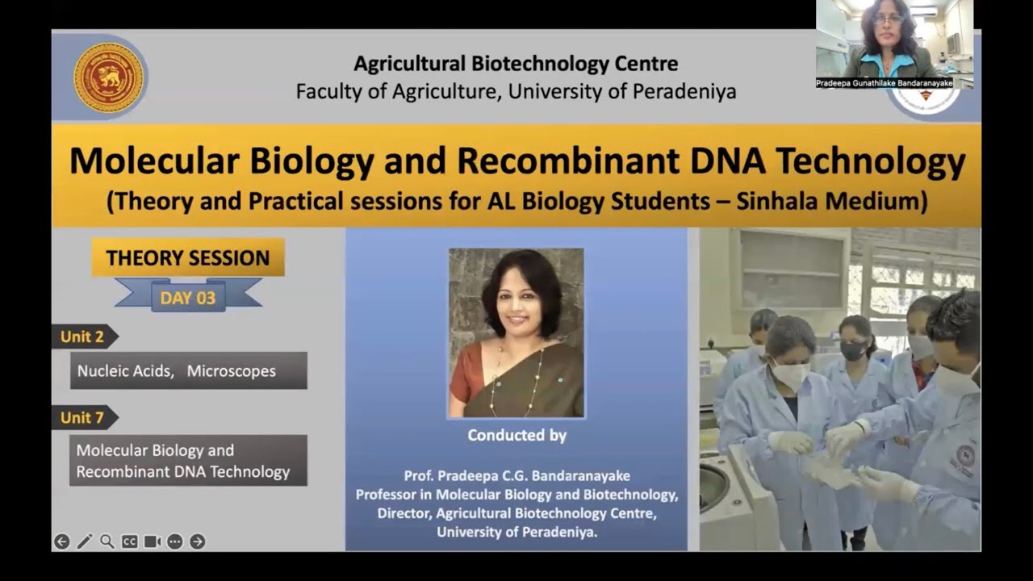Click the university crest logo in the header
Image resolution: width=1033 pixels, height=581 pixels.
(108, 77)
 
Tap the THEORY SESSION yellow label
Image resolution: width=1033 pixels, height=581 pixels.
(187, 258)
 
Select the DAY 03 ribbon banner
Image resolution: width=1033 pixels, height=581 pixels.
(187, 298)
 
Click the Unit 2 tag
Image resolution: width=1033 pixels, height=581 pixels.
(82, 336)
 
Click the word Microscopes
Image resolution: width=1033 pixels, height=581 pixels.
(232, 371)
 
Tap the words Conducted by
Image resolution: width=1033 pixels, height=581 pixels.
(516, 436)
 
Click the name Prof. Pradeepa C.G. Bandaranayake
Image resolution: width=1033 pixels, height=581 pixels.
(516, 476)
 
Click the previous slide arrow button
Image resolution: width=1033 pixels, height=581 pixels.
(61, 541)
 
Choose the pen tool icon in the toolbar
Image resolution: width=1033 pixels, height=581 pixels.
(84, 541)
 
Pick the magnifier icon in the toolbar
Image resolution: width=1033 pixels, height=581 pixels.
(107, 541)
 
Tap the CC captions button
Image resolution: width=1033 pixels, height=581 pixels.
(129, 541)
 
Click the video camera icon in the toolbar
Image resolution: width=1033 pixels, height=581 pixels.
(152, 541)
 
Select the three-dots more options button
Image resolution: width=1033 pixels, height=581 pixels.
(174, 541)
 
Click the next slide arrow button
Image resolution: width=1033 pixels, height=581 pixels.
(197, 541)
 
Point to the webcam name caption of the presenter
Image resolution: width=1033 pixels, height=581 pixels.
(884, 83)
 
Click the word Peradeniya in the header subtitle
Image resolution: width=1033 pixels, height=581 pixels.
(684, 92)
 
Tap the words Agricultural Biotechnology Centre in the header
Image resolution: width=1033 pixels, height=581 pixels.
(516, 64)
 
